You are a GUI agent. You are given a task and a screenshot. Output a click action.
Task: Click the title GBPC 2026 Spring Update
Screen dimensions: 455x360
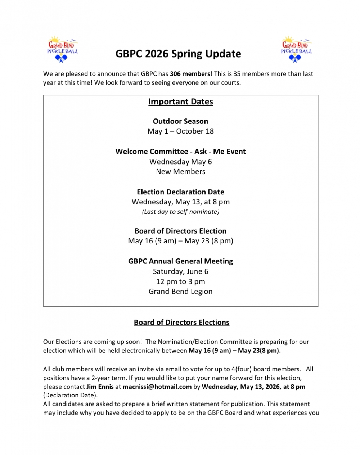tap(178, 54)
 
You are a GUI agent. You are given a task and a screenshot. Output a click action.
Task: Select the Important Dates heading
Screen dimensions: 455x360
tap(180, 102)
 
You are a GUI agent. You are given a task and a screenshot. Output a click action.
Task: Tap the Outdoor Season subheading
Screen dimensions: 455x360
tap(180, 121)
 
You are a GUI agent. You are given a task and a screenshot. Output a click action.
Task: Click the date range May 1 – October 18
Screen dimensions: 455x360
tap(180, 131)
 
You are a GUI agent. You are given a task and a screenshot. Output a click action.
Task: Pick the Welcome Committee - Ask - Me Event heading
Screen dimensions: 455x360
tap(180, 152)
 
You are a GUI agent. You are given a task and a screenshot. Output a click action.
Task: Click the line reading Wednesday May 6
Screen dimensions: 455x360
tap(180, 162)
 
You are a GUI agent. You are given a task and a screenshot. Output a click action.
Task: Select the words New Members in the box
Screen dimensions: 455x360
tap(180, 172)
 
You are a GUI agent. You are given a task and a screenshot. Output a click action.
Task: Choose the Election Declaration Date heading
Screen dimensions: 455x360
tap(180, 192)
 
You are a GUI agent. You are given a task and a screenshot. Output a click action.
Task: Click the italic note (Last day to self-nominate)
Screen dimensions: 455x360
tap(180, 212)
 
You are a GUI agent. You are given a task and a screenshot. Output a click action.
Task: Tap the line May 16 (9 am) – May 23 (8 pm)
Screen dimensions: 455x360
tap(180, 241)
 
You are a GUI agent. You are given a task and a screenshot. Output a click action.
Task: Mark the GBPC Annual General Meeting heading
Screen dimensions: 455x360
tap(180, 261)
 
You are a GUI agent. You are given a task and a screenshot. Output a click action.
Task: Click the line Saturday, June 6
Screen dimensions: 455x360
tap(180, 271)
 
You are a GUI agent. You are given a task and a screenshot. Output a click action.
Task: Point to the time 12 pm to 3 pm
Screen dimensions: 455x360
tap(180, 281)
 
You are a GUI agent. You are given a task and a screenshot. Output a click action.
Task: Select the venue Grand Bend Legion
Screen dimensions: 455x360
tap(180, 292)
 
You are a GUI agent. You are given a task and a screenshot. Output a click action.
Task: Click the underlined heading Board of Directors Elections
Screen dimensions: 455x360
tap(181, 322)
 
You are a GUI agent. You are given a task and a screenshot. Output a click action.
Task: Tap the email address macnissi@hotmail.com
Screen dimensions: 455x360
tap(157, 387)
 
